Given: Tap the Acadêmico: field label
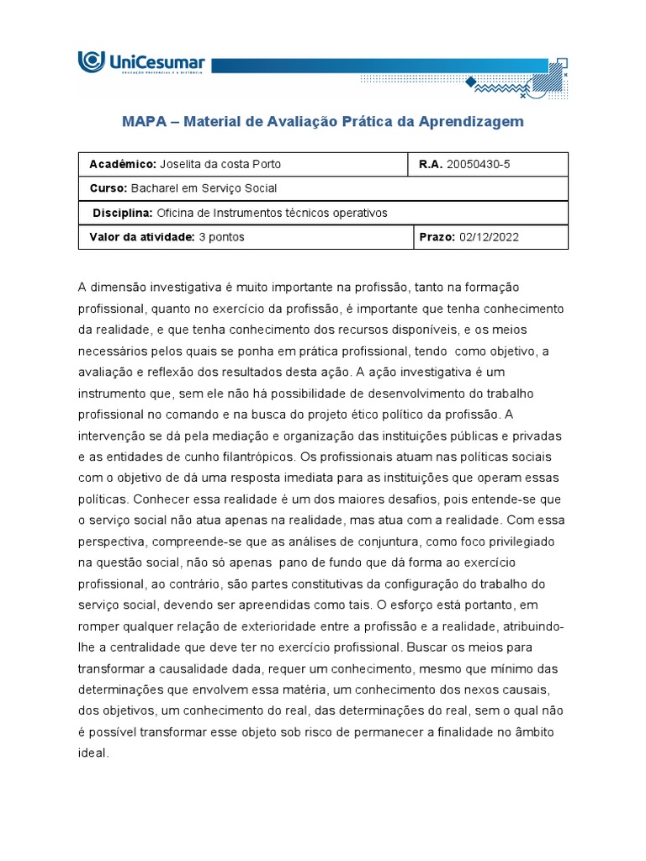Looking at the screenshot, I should (x=123, y=164).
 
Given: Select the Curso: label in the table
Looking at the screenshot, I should (x=109, y=188).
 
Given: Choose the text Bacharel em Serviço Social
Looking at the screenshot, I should (x=204, y=188).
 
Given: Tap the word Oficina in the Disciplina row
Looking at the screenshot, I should (x=175, y=213).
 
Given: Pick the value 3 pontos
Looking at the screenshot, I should (x=221, y=237).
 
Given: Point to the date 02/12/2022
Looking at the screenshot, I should (x=490, y=237).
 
